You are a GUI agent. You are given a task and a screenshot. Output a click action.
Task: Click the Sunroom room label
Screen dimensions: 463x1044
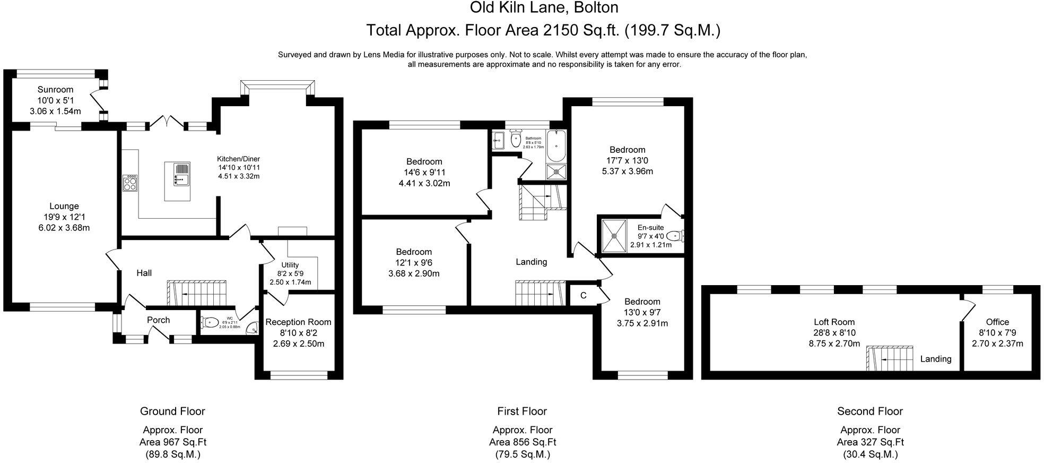click(55, 90)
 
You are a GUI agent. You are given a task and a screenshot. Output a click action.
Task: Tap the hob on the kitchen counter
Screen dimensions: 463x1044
click(130, 183)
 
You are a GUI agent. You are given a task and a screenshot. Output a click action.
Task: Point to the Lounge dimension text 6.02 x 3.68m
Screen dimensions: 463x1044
click(64, 228)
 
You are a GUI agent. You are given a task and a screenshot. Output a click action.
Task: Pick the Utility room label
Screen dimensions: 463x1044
click(290, 265)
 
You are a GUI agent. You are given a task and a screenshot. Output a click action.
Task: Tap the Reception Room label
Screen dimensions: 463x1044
click(298, 322)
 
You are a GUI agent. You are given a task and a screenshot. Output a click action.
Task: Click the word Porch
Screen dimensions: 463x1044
click(158, 320)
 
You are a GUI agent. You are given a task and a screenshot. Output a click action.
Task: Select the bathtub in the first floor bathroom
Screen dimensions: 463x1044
click(556, 146)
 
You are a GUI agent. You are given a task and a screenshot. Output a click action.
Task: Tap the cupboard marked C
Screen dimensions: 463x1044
click(583, 296)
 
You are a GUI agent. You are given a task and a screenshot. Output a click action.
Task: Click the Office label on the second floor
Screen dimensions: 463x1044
click(997, 322)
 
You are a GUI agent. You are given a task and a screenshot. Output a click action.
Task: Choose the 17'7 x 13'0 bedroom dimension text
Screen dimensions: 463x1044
click(627, 160)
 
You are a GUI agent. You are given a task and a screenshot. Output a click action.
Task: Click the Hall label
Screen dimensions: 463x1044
click(144, 273)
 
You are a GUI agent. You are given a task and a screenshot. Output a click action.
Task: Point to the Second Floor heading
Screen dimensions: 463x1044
click(869, 411)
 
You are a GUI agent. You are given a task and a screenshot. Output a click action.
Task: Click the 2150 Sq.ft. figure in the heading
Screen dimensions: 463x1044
click(581, 30)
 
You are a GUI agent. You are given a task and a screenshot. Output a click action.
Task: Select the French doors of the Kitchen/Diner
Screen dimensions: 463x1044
click(168, 122)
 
